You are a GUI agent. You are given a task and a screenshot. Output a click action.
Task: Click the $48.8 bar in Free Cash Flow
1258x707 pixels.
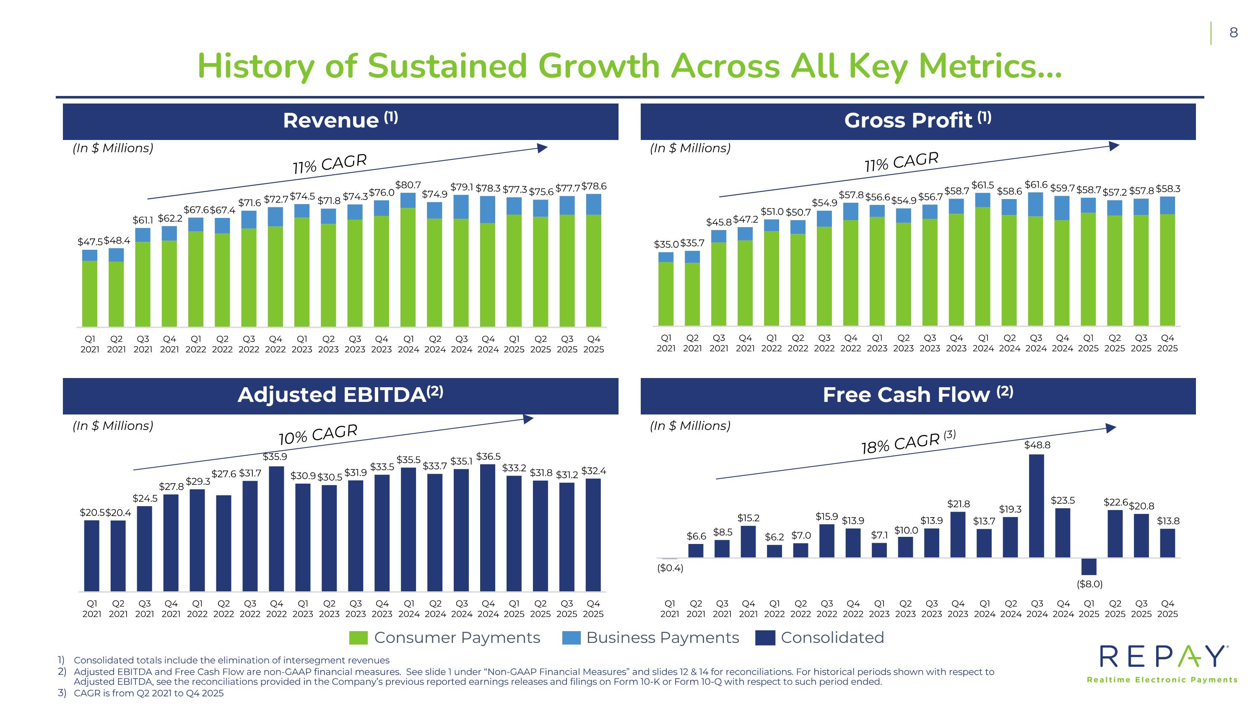pyautogui.click(x=1036, y=505)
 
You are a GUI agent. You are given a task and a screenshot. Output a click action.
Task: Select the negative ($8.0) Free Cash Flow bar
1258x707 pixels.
pyautogui.click(x=1089, y=567)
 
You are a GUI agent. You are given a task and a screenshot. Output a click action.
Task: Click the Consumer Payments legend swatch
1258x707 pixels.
pyautogui.click(x=359, y=638)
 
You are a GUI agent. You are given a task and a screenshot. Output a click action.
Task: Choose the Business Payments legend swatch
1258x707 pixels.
pyautogui.click(x=572, y=638)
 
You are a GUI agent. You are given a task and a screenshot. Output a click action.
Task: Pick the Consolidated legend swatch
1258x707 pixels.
pyautogui.click(x=765, y=638)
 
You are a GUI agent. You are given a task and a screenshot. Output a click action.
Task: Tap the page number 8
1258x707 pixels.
pyautogui.click(x=1234, y=33)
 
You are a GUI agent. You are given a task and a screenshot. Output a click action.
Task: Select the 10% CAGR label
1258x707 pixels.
pyautogui.click(x=318, y=434)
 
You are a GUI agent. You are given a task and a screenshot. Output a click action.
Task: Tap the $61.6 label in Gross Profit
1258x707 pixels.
pyautogui.click(x=1036, y=184)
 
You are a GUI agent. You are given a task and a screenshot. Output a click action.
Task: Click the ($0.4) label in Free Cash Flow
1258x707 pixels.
pyautogui.click(x=670, y=568)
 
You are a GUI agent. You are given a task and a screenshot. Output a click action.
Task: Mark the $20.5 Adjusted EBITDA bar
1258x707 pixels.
pyautogui.click(x=92, y=556)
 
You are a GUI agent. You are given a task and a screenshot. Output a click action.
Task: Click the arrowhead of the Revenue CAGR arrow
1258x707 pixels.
pyautogui.click(x=542, y=148)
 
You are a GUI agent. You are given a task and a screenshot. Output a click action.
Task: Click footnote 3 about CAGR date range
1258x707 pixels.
pyautogui.click(x=148, y=693)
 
